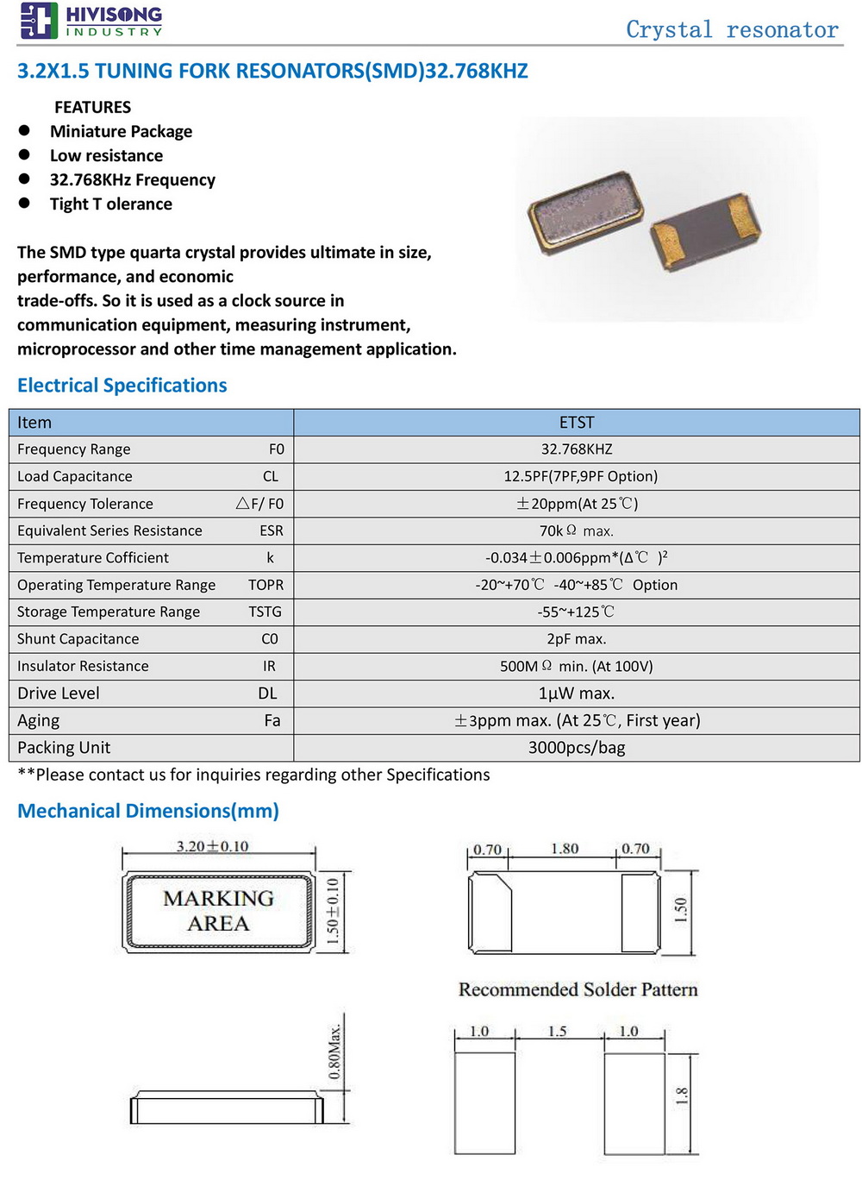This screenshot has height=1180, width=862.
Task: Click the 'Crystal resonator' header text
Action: (732, 30)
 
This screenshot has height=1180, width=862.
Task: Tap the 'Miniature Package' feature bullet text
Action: (121, 131)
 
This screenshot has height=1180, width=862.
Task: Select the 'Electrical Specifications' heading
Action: (122, 386)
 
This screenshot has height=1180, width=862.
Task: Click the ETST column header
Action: (577, 423)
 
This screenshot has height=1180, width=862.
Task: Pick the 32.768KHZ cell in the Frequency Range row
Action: (577, 449)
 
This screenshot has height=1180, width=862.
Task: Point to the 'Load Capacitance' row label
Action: (75, 476)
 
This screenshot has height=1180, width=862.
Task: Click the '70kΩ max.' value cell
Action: (577, 530)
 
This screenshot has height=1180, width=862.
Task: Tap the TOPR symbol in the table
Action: (265, 585)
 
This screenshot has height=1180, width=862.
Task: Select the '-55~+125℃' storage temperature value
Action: (577, 612)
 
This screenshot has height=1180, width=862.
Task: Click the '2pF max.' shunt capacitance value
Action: (577, 639)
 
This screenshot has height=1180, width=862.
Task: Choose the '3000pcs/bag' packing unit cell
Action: (577, 748)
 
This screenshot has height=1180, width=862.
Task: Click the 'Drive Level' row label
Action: (59, 694)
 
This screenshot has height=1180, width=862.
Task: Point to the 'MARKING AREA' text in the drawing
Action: (218, 911)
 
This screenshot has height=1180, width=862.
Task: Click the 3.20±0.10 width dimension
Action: (212, 847)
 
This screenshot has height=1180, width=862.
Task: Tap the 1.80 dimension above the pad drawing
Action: (565, 849)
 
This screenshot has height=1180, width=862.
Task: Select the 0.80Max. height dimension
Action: (335, 1052)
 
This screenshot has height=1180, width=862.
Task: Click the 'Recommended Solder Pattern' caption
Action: (578, 989)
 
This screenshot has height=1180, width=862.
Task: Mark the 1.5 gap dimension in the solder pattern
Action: (558, 1032)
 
